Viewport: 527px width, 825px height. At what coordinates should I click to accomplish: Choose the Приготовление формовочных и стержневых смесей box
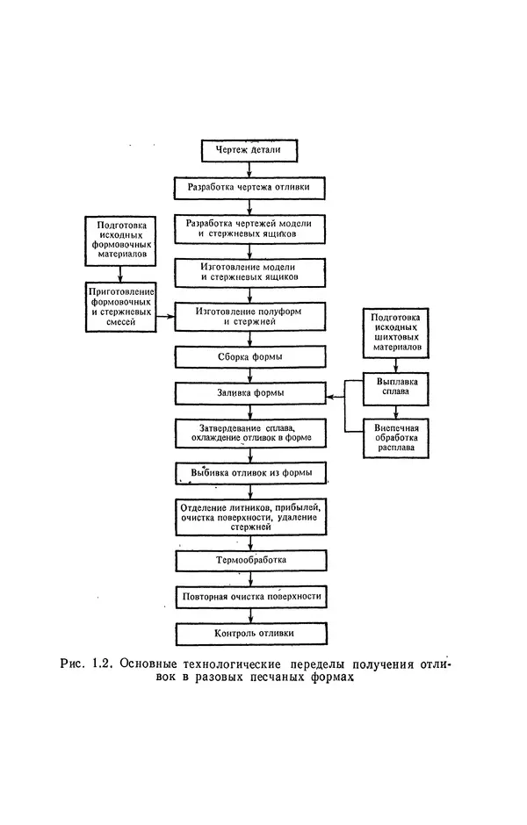tap(122, 307)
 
